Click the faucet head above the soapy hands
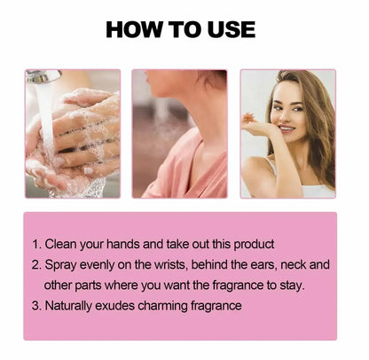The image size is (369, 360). pyautogui.click(x=43, y=76)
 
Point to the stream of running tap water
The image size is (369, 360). pyautogui.click(x=47, y=124)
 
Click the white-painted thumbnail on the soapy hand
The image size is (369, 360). pyautogui.click(x=88, y=170)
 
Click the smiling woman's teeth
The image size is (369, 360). pyautogui.click(x=287, y=129)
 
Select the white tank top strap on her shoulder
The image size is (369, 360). pyautogui.click(x=271, y=165)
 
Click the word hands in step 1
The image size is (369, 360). pyautogui.click(x=122, y=244)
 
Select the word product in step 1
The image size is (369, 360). pyautogui.click(x=254, y=245)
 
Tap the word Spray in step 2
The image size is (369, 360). pyautogui.click(x=60, y=265)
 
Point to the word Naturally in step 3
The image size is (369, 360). pyautogui.click(x=68, y=306)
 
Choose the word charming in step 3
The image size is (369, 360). pyautogui.click(x=162, y=306)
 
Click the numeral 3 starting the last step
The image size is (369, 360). pyautogui.click(x=35, y=306)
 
